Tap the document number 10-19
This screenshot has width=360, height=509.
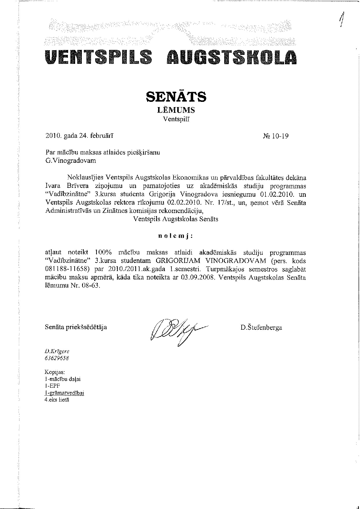pyautogui.click(x=280, y=136)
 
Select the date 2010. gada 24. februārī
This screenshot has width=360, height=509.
pyautogui.click(x=79, y=136)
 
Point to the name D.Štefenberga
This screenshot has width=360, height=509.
pyautogui.click(x=261, y=328)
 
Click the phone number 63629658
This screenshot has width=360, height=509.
pyautogui.click(x=57, y=358)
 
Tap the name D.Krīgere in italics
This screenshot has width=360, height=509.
pyautogui.click(x=57, y=351)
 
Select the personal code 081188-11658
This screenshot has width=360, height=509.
pyautogui.click(x=69, y=269)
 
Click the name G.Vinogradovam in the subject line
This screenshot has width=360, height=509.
pyautogui.click(x=70, y=160)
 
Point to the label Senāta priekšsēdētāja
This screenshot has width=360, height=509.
pyautogui.click(x=76, y=327)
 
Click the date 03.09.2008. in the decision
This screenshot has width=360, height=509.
pyautogui.click(x=197, y=277)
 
